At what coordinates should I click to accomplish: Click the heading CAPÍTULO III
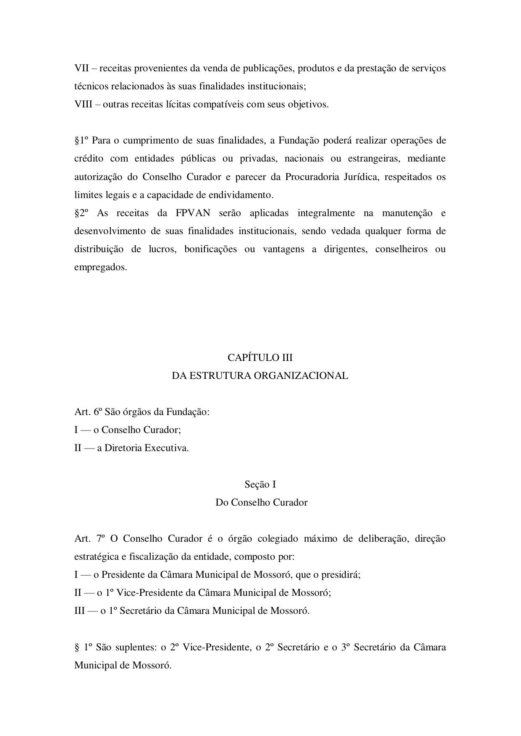point(260,358)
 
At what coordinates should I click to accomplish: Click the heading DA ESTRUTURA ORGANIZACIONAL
point(260,376)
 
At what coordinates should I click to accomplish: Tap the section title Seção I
point(260,484)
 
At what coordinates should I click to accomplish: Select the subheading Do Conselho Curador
point(261,502)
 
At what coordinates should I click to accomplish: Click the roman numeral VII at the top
point(81,68)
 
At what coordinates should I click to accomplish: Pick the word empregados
point(100,267)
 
